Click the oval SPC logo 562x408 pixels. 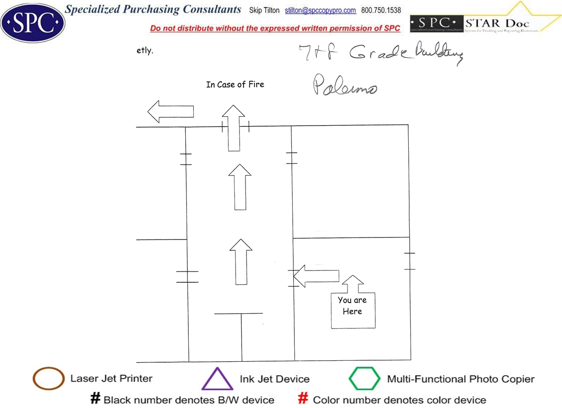point(33,23)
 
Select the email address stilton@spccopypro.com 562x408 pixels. point(320,10)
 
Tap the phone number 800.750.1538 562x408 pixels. point(381,10)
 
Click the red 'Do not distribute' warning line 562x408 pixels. point(275,29)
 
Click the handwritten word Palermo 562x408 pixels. point(345,87)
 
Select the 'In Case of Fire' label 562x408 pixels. point(235,85)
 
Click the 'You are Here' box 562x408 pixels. point(352,310)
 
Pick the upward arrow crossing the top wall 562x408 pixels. point(233,128)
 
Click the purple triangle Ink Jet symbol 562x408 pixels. point(217,379)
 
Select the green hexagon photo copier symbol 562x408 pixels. point(365,379)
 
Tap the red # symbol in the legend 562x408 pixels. point(304,399)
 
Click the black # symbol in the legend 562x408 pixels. point(95,399)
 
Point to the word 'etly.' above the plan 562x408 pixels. point(145,51)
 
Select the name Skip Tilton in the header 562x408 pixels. point(264,10)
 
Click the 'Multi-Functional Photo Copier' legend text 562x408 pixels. point(460,379)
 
